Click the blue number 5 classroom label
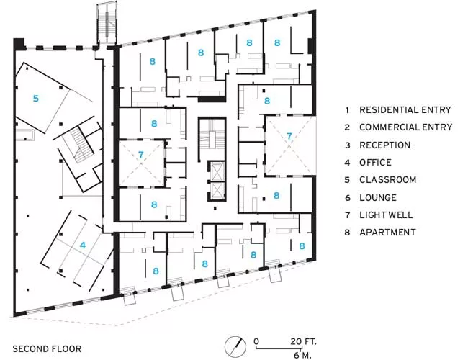pyautogui.click(x=36, y=98)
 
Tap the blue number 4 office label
pyautogui.click(x=83, y=245)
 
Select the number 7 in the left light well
pyautogui.click(x=141, y=155)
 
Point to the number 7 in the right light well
pyautogui.click(x=289, y=136)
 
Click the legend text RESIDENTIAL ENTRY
pyautogui.click(x=405, y=110)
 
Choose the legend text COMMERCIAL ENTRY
pyautogui.click(x=406, y=127)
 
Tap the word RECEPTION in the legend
pyautogui.click(x=384, y=145)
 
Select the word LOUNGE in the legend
pyautogui.click(x=378, y=197)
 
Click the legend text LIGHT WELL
pyautogui.click(x=386, y=215)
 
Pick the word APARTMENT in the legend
pyautogui.click(x=387, y=233)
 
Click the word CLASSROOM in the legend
pyautogui.click(x=387, y=180)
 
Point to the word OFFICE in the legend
pyautogui.click(x=375, y=163)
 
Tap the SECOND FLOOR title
pyautogui.click(x=47, y=349)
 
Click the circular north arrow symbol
pyautogui.click(x=235, y=347)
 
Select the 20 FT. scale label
pyautogui.click(x=303, y=341)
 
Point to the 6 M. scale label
pyautogui.click(x=302, y=355)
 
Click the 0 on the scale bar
pyautogui.click(x=256, y=341)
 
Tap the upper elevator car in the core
pyautogui.click(x=217, y=171)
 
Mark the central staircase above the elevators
pyautogui.click(x=212, y=139)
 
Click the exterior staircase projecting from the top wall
pyautogui.click(x=107, y=23)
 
